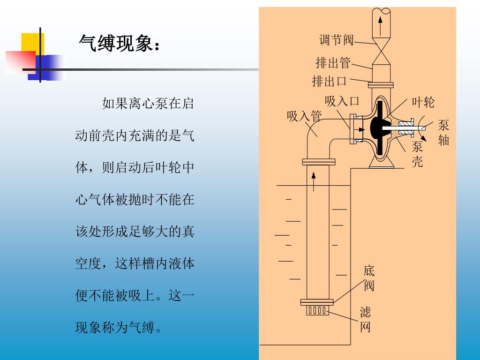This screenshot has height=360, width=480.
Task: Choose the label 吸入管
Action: pyautogui.click(x=304, y=116)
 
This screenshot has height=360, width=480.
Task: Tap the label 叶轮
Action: pyautogui.click(x=423, y=102)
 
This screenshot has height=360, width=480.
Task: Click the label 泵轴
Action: pyautogui.click(x=443, y=132)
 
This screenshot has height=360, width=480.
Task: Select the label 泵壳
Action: pyautogui.click(x=417, y=154)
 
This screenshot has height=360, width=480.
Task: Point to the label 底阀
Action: pyautogui.click(x=369, y=278)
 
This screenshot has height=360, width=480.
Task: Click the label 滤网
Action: pyautogui.click(x=365, y=320)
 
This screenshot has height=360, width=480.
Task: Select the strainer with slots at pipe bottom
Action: pyautogui.click(x=317, y=310)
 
